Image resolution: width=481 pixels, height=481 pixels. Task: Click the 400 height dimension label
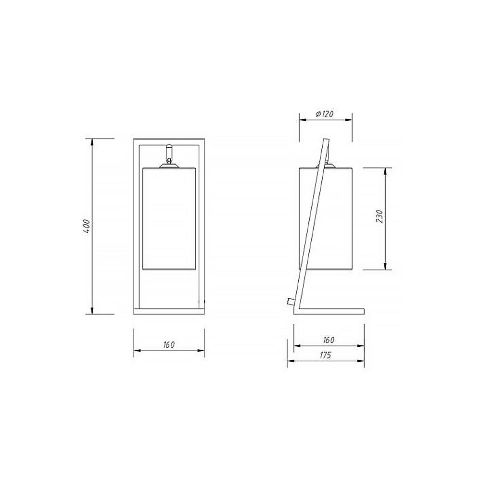point(87,227)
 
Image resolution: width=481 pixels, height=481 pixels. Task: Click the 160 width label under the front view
point(169,344)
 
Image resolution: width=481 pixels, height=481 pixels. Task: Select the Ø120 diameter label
point(324,114)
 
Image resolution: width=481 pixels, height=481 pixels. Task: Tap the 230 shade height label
point(380,216)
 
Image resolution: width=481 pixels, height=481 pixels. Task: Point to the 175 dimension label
point(326,355)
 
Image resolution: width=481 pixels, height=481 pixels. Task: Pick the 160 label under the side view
point(329,340)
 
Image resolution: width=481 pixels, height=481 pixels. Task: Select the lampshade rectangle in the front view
point(169,219)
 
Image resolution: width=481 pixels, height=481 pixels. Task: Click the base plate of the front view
point(169,311)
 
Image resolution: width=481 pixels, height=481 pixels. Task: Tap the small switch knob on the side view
point(291,302)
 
